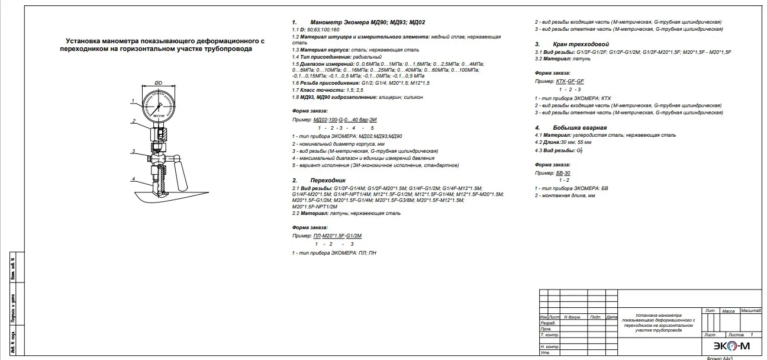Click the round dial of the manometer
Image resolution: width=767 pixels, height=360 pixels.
coord(159,108)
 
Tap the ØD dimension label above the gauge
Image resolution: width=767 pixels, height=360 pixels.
coord(159,83)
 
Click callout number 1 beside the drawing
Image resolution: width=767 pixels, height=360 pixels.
coord(133,100)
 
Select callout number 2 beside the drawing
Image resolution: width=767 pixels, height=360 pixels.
coord(134,121)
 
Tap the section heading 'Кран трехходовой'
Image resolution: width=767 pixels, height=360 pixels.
coord(581,44)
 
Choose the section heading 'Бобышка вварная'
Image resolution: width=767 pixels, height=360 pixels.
coord(579,127)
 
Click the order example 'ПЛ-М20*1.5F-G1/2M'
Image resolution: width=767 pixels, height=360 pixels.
coord(337,236)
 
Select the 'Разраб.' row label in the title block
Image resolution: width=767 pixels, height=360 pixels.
coord(548,323)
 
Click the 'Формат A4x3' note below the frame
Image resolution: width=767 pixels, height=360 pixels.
coord(720,358)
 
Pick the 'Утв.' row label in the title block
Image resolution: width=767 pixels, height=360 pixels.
coord(545,353)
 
